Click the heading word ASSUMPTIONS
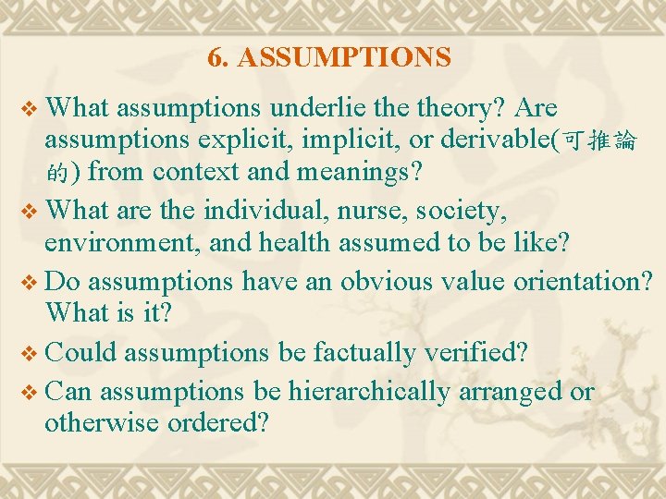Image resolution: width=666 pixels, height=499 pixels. pos(344,58)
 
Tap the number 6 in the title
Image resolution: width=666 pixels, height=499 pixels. pos(215,58)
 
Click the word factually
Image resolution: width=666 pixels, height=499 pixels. pos(365,352)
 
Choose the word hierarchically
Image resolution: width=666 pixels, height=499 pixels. pos(368,391)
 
